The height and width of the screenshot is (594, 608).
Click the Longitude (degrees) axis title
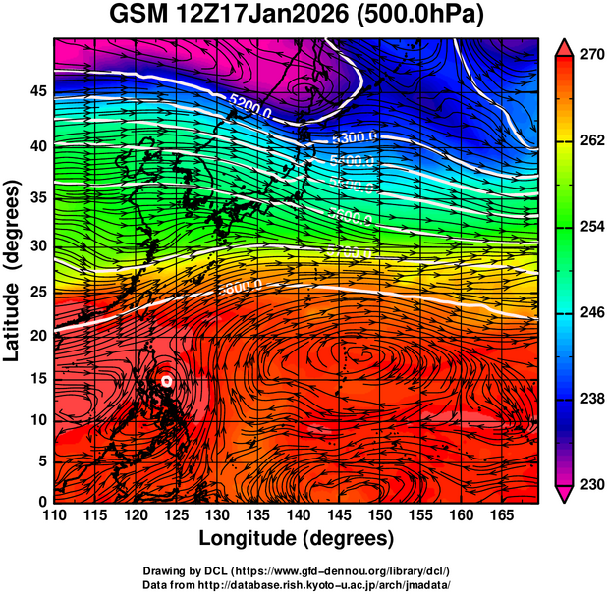click(x=297, y=539)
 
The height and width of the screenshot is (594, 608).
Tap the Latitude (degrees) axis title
click(x=13, y=271)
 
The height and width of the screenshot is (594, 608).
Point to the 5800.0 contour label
click(x=240, y=287)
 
